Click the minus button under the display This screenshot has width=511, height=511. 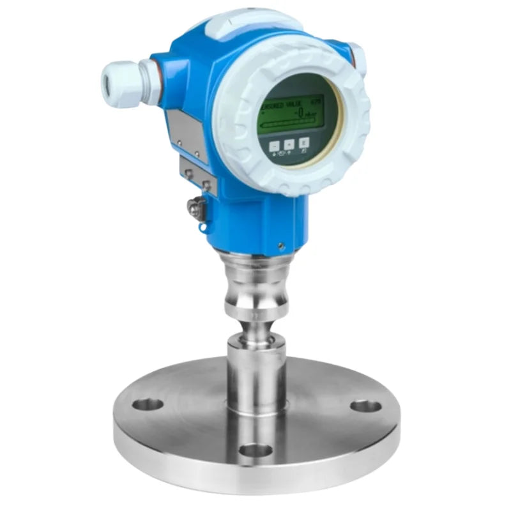pos(275,145)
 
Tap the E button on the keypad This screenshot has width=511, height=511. pos(305,142)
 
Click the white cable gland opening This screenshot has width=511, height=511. pos(108,82)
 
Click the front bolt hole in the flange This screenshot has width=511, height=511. pos(257,450)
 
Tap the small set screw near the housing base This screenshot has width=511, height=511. pos(281,243)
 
